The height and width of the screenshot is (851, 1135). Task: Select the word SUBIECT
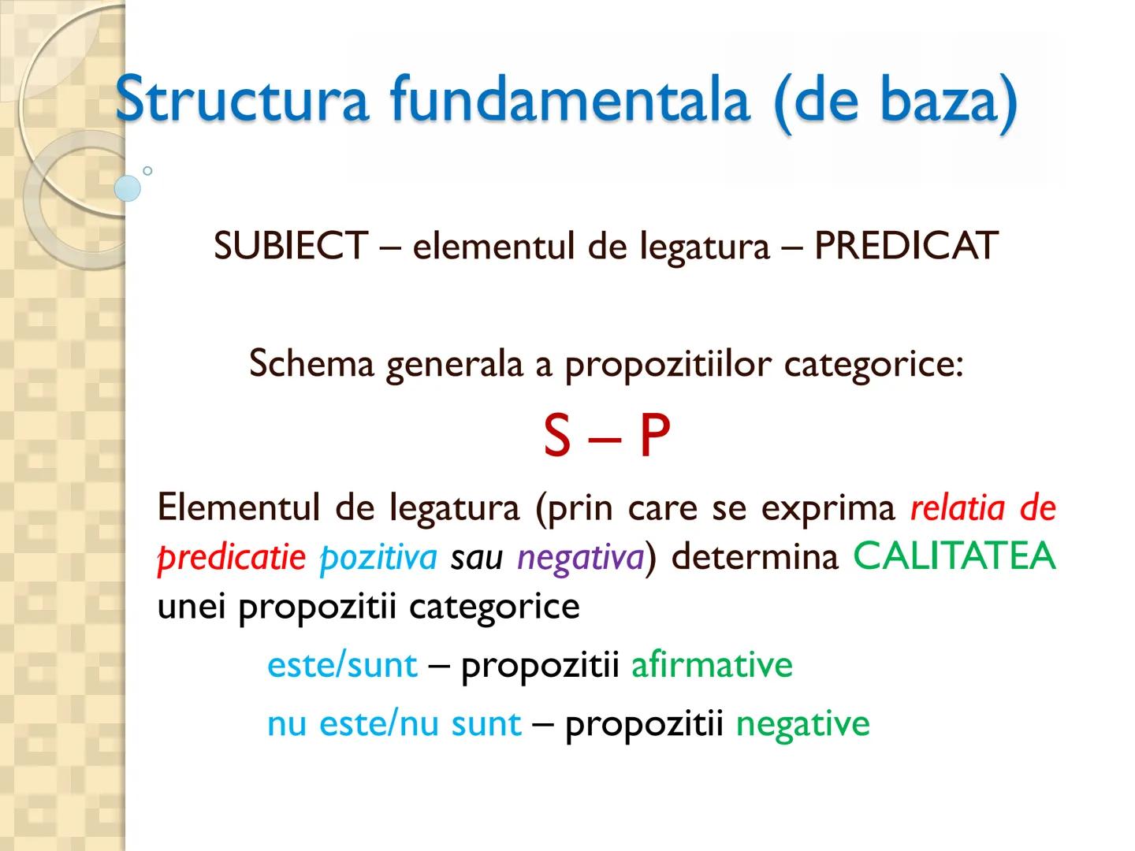pyautogui.click(x=290, y=246)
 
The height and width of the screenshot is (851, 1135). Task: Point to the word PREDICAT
pyautogui.click(x=906, y=246)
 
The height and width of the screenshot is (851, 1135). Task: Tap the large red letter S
pyautogui.click(x=556, y=437)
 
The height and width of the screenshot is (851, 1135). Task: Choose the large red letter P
pyautogui.click(x=654, y=437)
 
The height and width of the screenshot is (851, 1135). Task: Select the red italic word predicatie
pyautogui.click(x=232, y=558)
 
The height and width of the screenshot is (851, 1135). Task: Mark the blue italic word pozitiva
pyautogui.click(x=378, y=558)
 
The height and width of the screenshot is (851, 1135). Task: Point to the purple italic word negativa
pyautogui.click(x=581, y=558)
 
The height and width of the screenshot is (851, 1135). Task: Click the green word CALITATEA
pyautogui.click(x=955, y=556)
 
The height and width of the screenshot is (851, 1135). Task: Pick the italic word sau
pyautogui.click(x=477, y=558)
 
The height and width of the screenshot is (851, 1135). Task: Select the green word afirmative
pyautogui.click(x=712, y=665)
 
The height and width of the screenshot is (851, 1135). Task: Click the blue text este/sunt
pyautogui.click(x=342, y=665)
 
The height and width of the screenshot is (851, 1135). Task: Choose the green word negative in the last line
pyautogui.click(x=802, y=723)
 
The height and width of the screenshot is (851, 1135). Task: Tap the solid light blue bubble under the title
pyautogui.click(x=128, y=188)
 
